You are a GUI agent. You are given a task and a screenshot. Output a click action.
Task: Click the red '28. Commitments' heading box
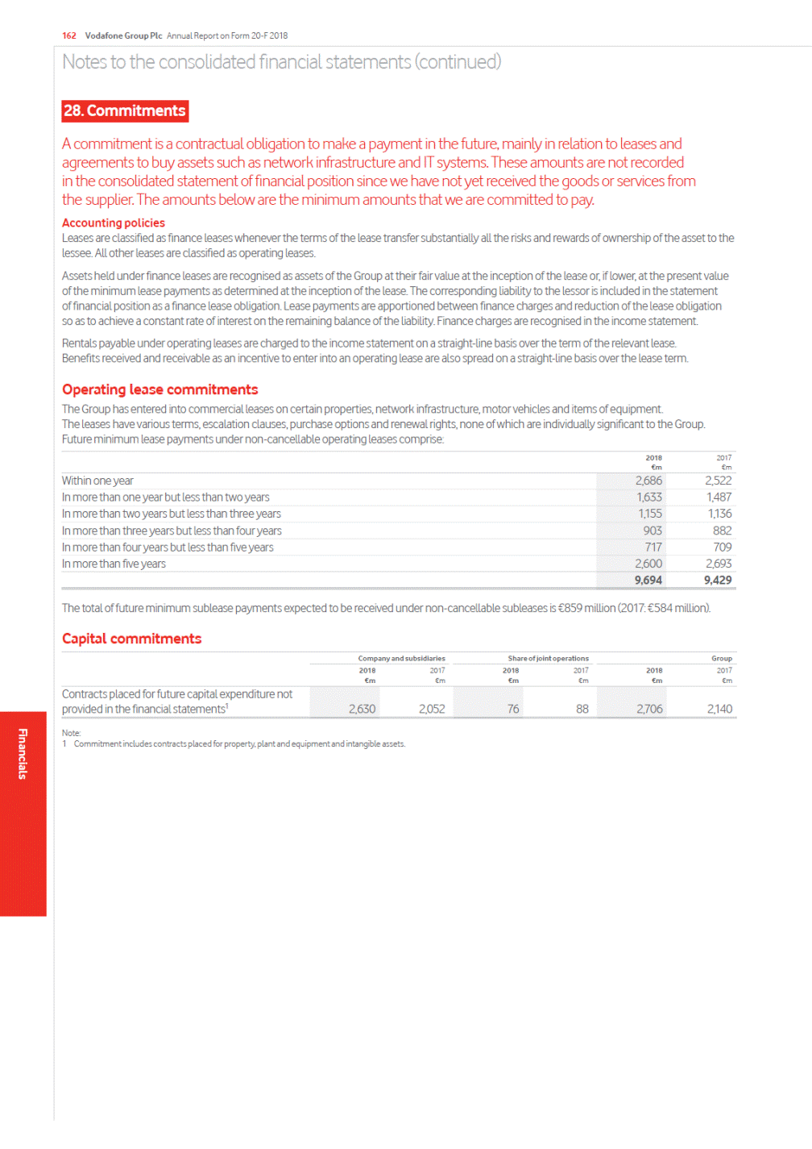[125, 111]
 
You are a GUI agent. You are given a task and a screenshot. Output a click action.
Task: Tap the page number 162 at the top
[69, 35]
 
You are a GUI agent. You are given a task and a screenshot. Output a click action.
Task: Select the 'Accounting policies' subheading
[114, 223]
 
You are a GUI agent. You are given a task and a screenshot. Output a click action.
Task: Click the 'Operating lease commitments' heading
[160, 389]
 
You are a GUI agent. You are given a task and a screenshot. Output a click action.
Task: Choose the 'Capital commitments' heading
[132, 639]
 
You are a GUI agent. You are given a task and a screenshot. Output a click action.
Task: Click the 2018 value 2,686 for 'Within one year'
[648, 481]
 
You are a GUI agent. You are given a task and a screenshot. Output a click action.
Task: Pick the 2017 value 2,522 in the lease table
[718, 481]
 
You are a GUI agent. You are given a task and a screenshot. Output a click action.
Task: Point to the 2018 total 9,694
[648, 580]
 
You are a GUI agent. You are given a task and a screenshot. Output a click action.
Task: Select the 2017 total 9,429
[718, 580]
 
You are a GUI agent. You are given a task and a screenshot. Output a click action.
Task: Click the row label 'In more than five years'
[114, 564]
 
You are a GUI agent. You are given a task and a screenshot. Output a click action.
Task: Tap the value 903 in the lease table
[652, 531]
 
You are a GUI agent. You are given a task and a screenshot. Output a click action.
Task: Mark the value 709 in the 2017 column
[723, 547]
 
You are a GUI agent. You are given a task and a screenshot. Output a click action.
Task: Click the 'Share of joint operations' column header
[548, 659]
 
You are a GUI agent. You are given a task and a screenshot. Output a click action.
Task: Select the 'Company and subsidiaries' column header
[401, 659]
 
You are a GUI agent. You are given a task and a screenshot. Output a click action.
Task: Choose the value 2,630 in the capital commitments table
[362, 709]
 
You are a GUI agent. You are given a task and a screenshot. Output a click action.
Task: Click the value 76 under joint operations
[513, 709]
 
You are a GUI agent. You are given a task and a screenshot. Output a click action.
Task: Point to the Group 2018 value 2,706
[649, 709]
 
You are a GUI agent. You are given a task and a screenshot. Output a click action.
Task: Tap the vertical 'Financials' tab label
[23, 754]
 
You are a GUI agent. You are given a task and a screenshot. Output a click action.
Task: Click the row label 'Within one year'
[97, 481]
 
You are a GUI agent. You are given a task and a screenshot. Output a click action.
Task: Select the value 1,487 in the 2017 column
[719, 497]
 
